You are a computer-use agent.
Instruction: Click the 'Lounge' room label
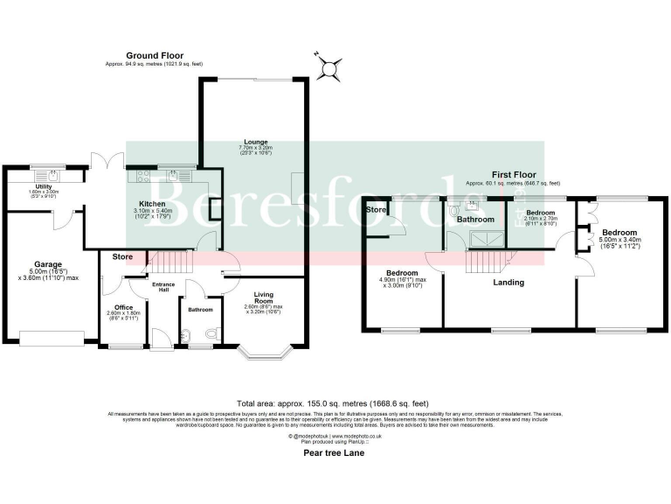(x=256, y=142)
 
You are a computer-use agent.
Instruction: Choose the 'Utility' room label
(x=43, y=186)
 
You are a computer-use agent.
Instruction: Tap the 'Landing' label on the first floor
(x=508, y=283)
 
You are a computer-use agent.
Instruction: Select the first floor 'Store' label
(x=376, y=210)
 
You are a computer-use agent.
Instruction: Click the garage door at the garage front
(x=53, y=338)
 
